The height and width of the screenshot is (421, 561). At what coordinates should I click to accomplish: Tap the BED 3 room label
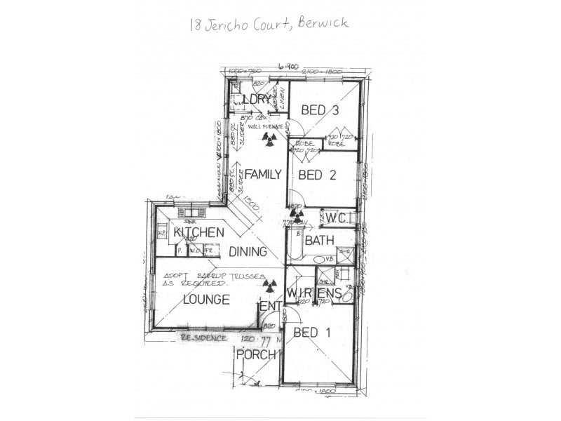click(x=320, y=110)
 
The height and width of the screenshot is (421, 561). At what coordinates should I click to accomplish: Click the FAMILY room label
click(x=262, y=174)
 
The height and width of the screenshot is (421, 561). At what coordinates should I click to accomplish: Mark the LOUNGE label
click(x=206, y=300)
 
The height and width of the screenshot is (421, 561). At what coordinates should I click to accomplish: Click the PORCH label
click(x=255, y=355)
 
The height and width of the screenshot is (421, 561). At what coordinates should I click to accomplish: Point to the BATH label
click(x=318, y=241)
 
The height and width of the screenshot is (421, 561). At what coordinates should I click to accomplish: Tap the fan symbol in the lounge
click(x=267, y=284)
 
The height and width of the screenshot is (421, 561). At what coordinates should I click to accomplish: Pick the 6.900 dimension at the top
click(x=288, y=67)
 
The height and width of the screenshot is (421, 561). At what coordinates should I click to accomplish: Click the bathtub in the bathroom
click(x=292, y=246)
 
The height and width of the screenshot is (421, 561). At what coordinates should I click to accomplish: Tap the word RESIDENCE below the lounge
click(x=204, y=338)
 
